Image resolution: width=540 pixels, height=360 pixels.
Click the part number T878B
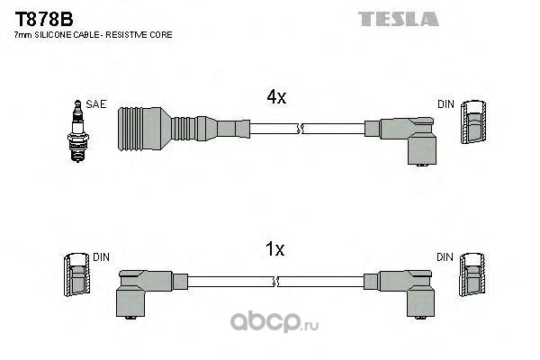[x=44, y=19]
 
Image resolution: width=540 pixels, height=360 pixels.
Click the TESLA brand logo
[x=398, y=19]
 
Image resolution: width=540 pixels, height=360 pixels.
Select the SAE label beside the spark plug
[x=96, y=104]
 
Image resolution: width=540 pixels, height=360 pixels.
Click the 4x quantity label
[x=276, y=97]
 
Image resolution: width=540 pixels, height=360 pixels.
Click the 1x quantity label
[x=274, y=248]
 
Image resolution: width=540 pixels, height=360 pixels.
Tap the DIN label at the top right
[x=445, y=104]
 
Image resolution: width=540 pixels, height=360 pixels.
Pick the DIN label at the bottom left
[x=101, y=257]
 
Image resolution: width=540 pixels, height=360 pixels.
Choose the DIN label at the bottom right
[x=445, y=257]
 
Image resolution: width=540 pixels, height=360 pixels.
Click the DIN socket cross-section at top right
[x=473, y=122]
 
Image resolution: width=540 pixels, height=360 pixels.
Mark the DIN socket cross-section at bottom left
[x=77, y=274]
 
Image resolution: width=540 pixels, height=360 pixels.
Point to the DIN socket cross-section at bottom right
[x=472, y=274]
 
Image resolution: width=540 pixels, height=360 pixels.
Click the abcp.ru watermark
[x=274, y=321]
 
